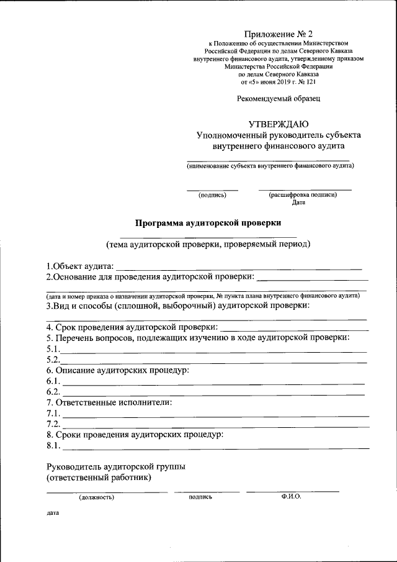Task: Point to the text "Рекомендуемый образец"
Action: click(x=279, y=98)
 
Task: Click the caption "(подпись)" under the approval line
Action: click(x=212, y=195)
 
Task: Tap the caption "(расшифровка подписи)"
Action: click(x=303, y=195)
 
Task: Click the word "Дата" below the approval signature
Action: click(x=298, y=202)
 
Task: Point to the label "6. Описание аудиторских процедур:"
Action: click(x=118, y=371)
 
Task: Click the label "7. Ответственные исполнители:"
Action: click(x=109, y=403)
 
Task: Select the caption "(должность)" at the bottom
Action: click(x=96, y=497)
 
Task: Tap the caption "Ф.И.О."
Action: click(x=291, y=497)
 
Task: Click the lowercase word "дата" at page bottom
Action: click(x=52, y=514)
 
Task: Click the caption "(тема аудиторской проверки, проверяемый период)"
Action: click(x=207, y=244)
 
